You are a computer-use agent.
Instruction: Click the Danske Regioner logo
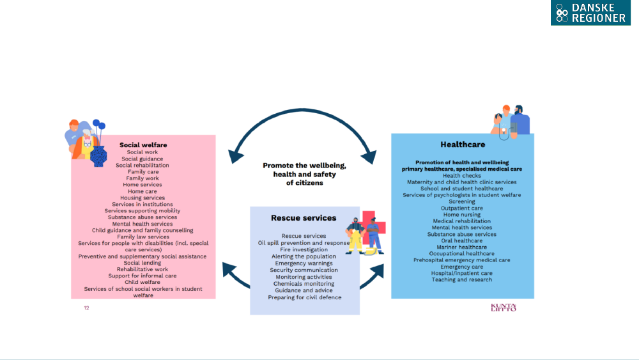coord(590,13)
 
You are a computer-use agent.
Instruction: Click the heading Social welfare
coord(143,145)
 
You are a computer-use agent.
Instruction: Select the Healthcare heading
coord(463,145)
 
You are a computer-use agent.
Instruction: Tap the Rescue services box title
coord(304,218)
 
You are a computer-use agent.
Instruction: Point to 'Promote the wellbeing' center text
coord(304,174)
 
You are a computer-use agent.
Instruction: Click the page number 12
coord(86,308)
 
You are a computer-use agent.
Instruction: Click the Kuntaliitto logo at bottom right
coord(503,308)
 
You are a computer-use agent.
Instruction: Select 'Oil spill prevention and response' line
coord(304,243)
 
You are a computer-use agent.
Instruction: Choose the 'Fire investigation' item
coord(304,249)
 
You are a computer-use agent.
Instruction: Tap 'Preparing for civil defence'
coord(304,297)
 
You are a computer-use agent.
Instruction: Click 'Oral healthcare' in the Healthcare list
coord(462,240)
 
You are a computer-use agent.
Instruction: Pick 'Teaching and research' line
coord(462,279)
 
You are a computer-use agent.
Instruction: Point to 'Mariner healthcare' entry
coord(462,247)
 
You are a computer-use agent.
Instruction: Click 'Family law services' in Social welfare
coord(143,237)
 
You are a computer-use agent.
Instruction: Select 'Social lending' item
coord(142,263)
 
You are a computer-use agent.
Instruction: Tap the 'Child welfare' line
coord(142,282)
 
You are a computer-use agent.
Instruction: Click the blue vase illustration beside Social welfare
coord(98,155)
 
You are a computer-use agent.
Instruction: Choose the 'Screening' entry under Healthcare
coord(462,201)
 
